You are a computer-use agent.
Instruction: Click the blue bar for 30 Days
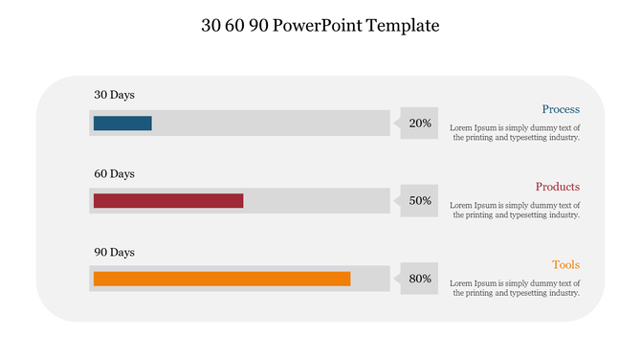click(122, 123)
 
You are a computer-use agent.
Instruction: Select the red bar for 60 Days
click(168, 201)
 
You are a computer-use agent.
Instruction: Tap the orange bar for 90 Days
click(222, 279)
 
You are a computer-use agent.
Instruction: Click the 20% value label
click(420, 123)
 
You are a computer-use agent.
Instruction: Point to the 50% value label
click(420, 201)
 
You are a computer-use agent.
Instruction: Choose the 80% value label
click(420, 279)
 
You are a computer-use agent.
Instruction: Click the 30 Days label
click(114, 95)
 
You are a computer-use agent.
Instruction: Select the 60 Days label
click(114, 173)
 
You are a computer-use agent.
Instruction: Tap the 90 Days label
click(114, 252)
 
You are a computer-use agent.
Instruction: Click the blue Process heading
click(561, 109)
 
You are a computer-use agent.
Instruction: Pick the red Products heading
click(558, 187)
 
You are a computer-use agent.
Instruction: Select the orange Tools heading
click(565, 264)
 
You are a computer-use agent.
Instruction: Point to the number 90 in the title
click(257, 26)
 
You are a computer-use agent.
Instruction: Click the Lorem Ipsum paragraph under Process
click(515, 132)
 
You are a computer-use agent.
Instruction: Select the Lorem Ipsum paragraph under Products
click(515, 210)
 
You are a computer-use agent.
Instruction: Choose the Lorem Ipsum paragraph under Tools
click(515, 287)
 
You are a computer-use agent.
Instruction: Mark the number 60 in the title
click(234, 26)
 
